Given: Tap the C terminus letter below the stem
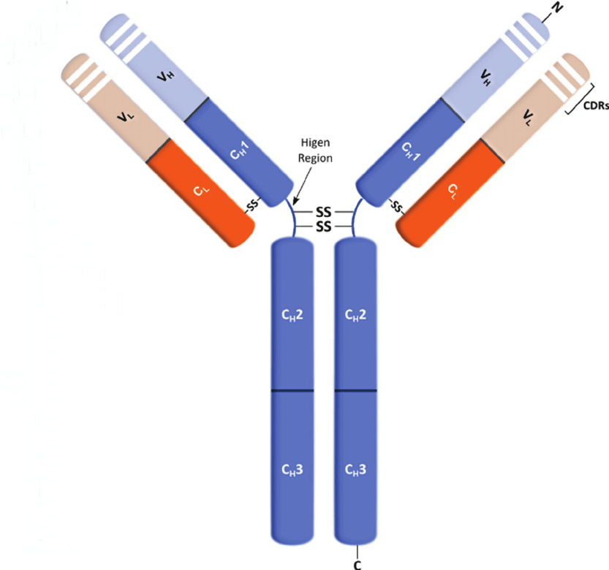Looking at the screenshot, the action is click(x=358, y=565).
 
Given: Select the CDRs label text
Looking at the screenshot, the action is click(x=596, y=106).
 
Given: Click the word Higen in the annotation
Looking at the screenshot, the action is click(x=315, y=143).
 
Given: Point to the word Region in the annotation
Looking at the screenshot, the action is click(x=315, y=158).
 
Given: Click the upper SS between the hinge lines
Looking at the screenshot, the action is click(x=324, y=212).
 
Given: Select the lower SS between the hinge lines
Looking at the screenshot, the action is click(x=324, y=226).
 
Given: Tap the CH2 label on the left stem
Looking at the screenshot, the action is click(x=292, y=315).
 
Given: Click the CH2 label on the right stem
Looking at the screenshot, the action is click(x=355, y=315).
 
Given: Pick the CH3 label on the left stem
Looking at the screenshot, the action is click(x=292, y=470).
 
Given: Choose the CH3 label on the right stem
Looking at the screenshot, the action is click(x=355, y=470).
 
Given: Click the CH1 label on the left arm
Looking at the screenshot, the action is click(x=239, y=151).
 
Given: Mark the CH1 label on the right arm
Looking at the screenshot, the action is click(x=411, y=151).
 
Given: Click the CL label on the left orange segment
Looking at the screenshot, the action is click(x=201, y=190).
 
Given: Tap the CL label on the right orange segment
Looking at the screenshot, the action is click(x=453, y=191).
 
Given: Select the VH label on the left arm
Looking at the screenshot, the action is click(x=165, y=76).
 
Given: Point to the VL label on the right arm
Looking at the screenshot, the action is click(x=528, y=117).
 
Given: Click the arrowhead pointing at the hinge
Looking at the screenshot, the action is click(x=295, y=201).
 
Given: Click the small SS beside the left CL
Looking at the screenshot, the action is click(x=253, y=205).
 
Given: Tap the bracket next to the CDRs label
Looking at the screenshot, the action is click(x=580, y=99).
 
